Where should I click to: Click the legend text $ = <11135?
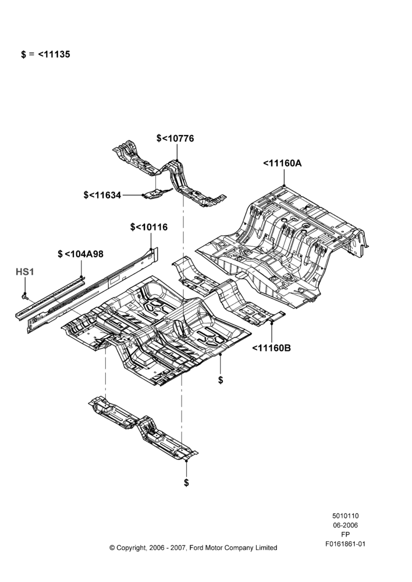pyautogui.click(x=45, y=54)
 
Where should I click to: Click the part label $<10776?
pyautogui.click(x=175, y=139)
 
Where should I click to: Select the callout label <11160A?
pyautogui.click(x=282, y=164)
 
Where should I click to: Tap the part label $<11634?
pyautogui.click(x=102, y=195)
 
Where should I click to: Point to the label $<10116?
pyautogui.click(x=149, y=227)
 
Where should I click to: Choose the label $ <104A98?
pyautogui.click(x=80, y=254)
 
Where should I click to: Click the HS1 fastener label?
pyautogui.click(x=25, y=272)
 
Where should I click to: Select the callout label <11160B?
pyautogui.click(x=271, y=348)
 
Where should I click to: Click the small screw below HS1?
pyautogui.click(x=25, y=296)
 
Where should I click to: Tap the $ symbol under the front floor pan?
pyautogui.click(x=221, y=380)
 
